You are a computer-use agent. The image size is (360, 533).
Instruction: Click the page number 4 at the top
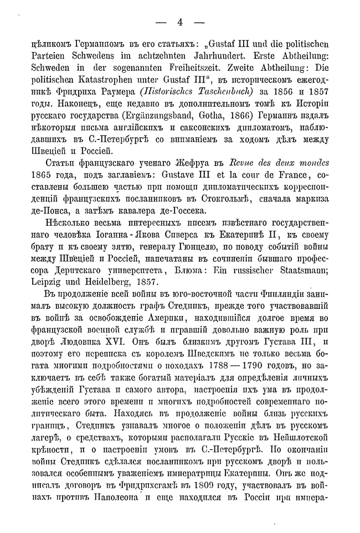coord(179,23)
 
